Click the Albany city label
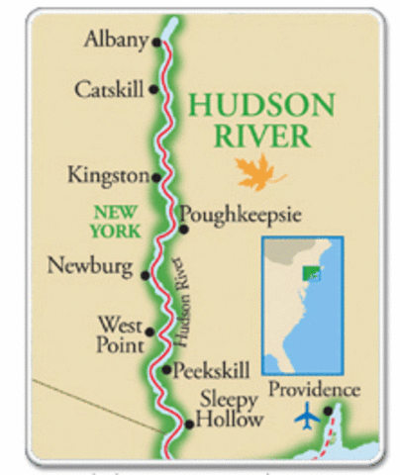click(116, 41)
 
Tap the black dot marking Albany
click(154, 43)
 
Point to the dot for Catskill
click(153, 89)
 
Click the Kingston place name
click(107, 175)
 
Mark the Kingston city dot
click(154, 177)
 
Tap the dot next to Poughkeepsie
click(183, 229)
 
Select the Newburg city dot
click(147, 274)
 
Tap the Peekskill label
click(215, 372)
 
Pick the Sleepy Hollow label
click(231, 410)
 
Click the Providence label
click(314, 390)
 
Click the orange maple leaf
click(254, 175)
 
